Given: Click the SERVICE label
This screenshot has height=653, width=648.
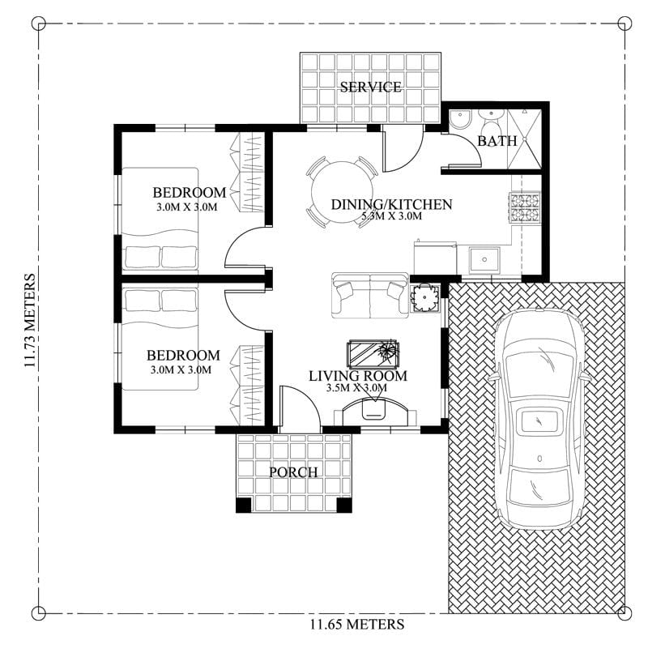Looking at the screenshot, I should pos(370,87).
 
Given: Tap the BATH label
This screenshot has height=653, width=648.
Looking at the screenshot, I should pos(497,141).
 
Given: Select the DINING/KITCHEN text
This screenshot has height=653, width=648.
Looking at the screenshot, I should pos(391,204).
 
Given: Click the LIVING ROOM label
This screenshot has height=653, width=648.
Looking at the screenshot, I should pos(357,376).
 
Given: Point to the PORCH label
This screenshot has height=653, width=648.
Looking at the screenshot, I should pos(293,472).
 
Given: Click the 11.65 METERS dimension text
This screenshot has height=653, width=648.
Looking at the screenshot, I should pos(356,625).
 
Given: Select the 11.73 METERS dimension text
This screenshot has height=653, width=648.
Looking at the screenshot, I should pos(30,322).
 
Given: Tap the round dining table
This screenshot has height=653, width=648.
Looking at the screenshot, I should pos(339,191).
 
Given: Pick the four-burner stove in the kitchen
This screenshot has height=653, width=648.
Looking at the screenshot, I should pos(524,208).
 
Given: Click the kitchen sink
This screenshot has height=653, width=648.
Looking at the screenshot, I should pos(484,260).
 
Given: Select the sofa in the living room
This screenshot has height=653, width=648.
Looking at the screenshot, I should pos(370,295).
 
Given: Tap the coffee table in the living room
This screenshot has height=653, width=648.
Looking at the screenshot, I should pos(373,353).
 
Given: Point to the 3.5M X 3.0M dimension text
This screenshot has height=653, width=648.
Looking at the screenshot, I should pos(357,388).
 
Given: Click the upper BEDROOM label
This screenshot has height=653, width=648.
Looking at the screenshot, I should pos(189,192).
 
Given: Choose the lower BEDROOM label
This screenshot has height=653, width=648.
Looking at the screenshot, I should pos(183,356).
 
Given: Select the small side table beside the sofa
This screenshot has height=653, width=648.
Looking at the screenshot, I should pos(425,298).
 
